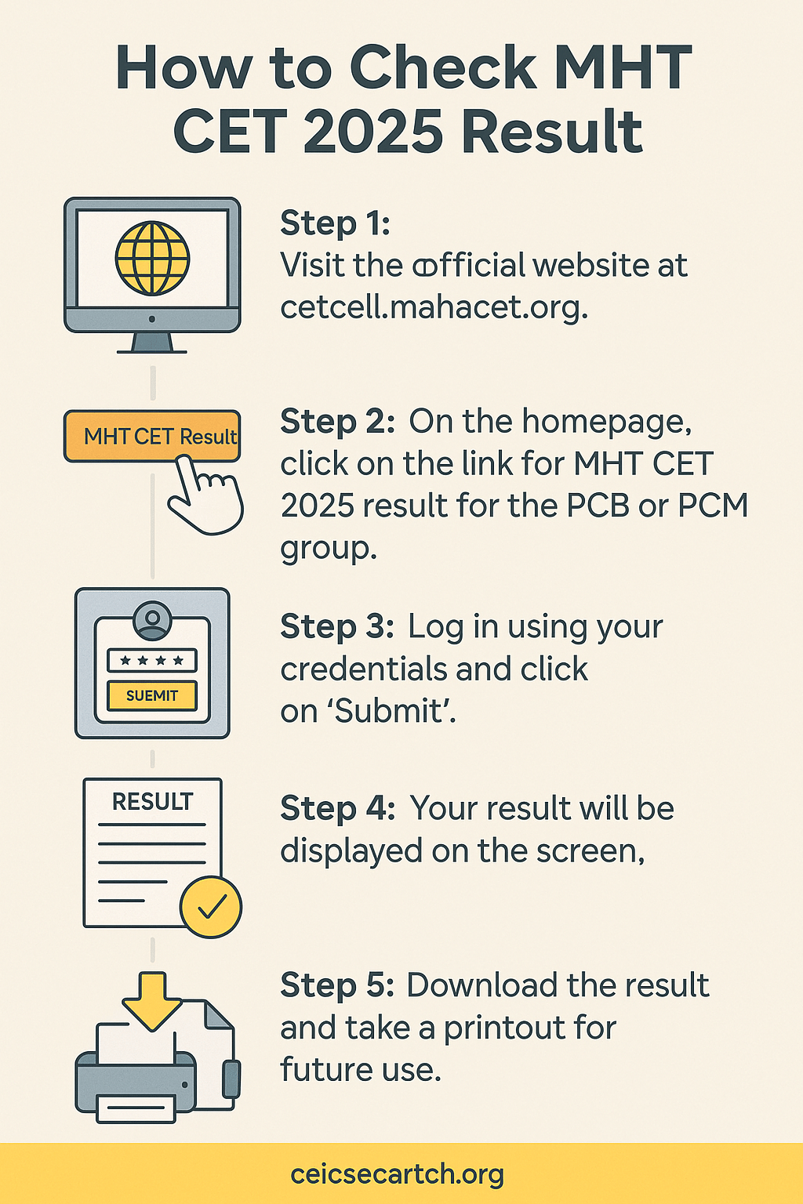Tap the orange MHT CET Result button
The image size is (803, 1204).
(x=152, y=436)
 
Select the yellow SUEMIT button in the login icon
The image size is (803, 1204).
(x=152, y=695)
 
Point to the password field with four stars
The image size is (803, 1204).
(x=152, y=660)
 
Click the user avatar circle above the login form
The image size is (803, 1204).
(x=152, y=621)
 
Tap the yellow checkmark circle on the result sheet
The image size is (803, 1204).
(x=211, y=907)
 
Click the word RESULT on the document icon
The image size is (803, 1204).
(x=152, y=802)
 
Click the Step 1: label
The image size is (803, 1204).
(x=335, y=223)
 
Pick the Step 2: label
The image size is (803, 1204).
(x=338, y=422)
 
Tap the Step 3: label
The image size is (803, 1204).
(x=337, y=627)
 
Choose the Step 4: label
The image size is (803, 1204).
(x=338, y=808)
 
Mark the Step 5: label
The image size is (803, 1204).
(x=337, y=985)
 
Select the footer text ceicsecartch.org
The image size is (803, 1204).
(x=397, y=1175)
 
